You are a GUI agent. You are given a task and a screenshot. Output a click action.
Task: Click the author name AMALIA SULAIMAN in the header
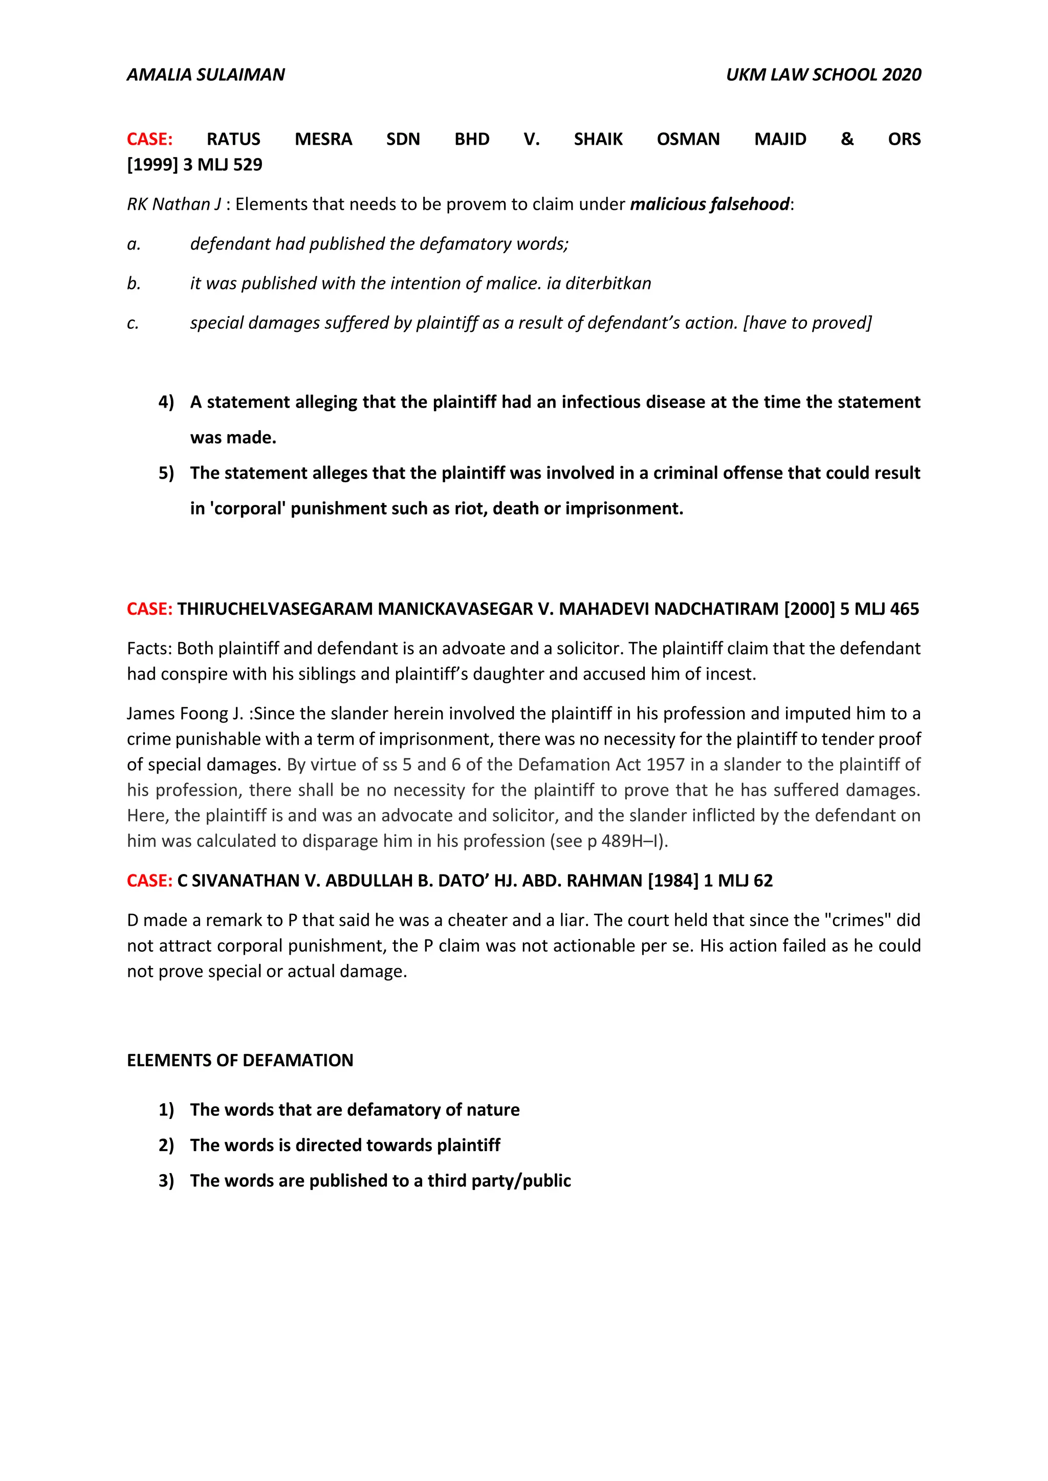pos(205,75)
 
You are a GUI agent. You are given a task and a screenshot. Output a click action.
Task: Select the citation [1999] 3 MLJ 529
pos(194,165)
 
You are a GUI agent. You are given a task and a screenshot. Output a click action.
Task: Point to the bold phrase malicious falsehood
pos(709,205)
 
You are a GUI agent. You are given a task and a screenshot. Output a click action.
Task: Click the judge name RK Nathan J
pos(173,205)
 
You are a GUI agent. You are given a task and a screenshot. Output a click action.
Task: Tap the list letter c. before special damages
pos(133,323)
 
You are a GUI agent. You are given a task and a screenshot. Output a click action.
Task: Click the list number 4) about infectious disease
pos(166,402)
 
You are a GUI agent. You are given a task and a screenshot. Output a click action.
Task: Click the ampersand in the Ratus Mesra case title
pos(847,139)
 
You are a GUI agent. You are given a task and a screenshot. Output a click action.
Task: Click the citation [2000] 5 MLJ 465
pos(851,609)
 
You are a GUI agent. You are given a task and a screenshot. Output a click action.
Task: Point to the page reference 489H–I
pos(632,841)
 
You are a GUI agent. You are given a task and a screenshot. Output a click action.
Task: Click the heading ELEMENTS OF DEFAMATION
pos(240,1061)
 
